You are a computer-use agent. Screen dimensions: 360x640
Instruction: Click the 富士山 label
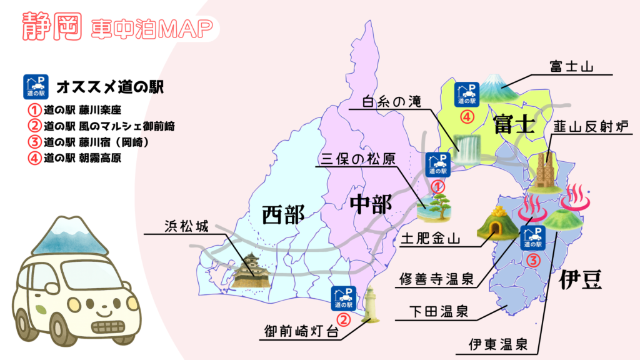tap(571, 65)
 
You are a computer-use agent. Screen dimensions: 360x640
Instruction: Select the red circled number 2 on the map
tap(345, 316)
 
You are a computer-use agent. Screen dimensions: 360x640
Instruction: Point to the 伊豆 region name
tap(581, 279)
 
